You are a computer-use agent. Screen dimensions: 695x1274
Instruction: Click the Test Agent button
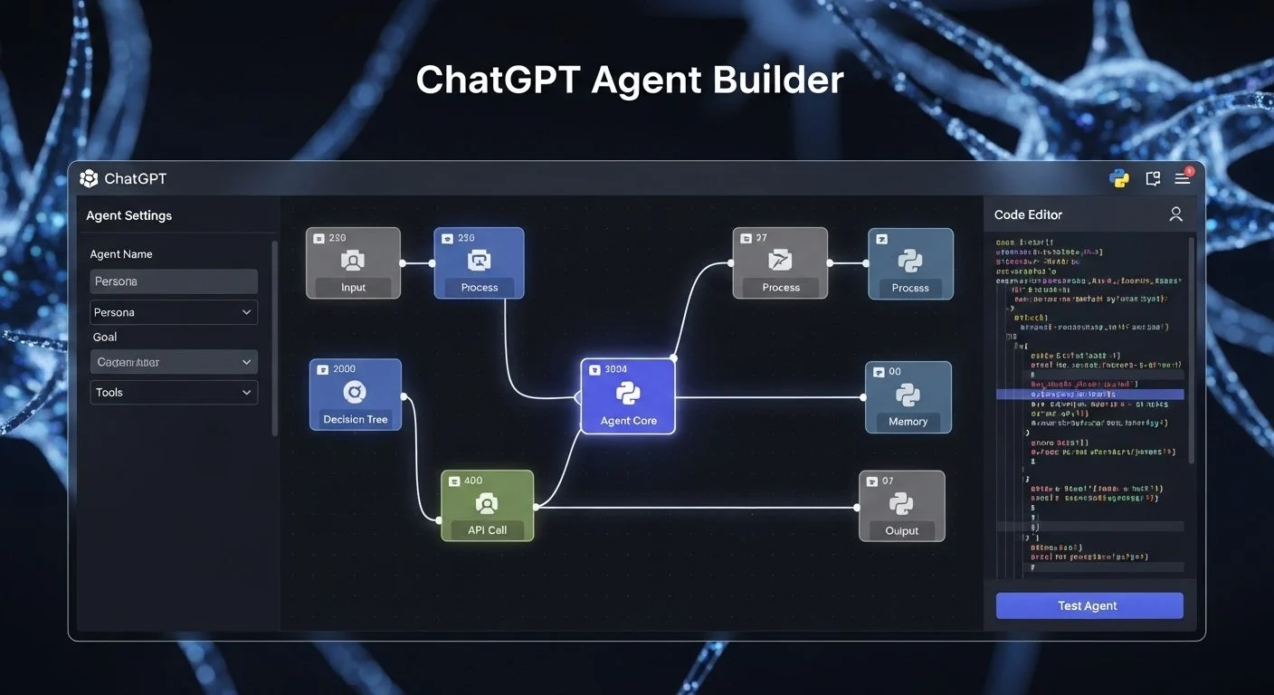point(1089,605)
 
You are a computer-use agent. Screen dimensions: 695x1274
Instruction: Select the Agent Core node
point(628,396)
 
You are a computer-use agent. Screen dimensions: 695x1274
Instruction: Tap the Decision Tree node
point(355,395)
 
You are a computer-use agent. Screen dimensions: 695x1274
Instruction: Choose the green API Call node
point(487,506)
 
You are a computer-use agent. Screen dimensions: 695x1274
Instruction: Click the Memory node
point(908,397)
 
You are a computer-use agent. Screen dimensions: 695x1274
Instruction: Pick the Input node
point(353,263)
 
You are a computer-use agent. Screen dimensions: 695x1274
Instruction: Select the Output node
point(901,506)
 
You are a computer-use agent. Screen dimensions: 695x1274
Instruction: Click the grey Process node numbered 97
point(780,263)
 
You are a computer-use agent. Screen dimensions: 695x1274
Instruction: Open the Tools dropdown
point(174,392)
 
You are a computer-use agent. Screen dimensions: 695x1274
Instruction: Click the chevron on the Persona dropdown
point(247,312)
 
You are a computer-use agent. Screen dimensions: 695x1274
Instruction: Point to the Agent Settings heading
point(128,215)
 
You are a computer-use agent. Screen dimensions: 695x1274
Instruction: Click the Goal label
point(105,337)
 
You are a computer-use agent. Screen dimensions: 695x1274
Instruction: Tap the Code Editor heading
point(1028,214)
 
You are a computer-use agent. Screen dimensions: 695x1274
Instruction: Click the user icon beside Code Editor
point(1175,214)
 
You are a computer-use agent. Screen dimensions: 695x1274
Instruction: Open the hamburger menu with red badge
point(1182,178)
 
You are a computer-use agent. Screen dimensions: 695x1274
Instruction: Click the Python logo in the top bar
point(1119,178)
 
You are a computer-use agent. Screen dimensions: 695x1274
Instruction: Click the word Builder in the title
point(777,80)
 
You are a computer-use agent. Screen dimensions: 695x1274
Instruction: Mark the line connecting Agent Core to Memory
point(769,397)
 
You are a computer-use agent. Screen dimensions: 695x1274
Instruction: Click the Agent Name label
point(121,254)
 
